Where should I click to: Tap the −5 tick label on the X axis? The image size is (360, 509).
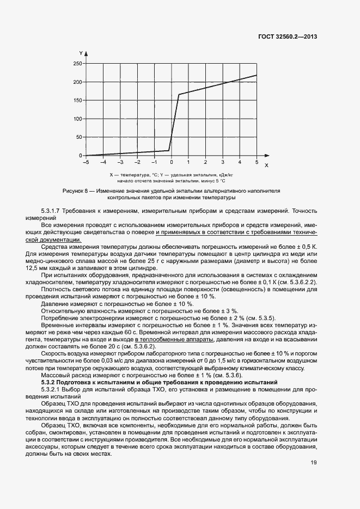85,163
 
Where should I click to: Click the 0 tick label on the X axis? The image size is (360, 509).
171,163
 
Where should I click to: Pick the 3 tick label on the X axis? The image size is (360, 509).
222,163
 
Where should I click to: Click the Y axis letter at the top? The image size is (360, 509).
80,53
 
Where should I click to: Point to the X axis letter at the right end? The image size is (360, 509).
266,164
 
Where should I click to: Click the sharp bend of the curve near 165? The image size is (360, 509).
179,94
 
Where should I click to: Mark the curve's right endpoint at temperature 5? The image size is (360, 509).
257,75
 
